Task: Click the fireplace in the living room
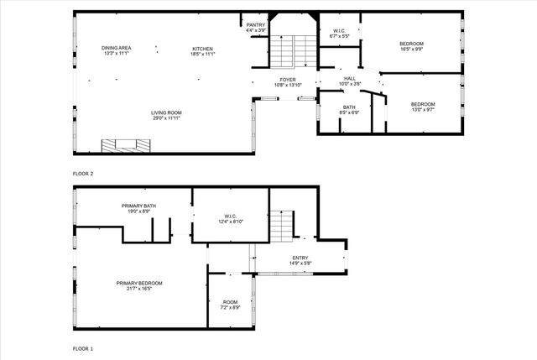127,144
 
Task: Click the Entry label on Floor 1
300,260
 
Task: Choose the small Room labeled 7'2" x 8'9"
230,305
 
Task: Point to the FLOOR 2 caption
83,173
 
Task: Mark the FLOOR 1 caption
83,347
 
